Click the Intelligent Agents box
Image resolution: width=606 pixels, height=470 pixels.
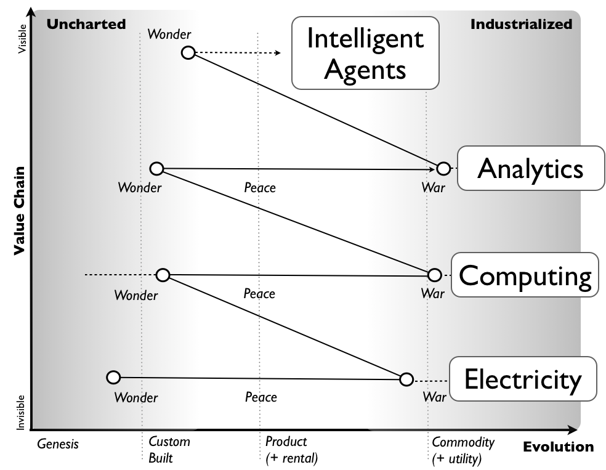coord(365,53)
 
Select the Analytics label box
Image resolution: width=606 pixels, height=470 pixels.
coord(530,168)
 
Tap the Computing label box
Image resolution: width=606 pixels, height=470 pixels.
coord(525,275)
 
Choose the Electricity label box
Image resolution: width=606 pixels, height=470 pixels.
coord(523,379)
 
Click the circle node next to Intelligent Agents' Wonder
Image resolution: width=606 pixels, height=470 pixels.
coord(188,53)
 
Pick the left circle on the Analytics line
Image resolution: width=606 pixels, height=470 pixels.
coord(157,168)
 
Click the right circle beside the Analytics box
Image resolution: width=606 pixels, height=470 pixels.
coord(443,168)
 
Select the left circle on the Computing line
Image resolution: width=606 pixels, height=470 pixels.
coord(163,275)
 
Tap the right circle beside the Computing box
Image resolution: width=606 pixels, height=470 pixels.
coord(434,275)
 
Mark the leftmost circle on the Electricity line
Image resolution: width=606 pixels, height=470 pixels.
coord(113,377)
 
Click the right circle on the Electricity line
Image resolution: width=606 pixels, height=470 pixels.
coord(406,379)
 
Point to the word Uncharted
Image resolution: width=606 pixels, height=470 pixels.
coord(86,24)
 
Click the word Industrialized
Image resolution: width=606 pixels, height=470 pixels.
coord(521,24)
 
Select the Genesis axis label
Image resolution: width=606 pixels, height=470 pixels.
coord(58,444)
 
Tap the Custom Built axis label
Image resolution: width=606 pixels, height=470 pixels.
coord(169,450)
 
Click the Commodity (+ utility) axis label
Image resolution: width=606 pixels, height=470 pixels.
coord(463,450)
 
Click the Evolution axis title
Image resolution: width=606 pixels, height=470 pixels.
coord(558,447)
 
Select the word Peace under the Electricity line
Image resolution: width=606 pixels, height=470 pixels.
coord(261,397)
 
